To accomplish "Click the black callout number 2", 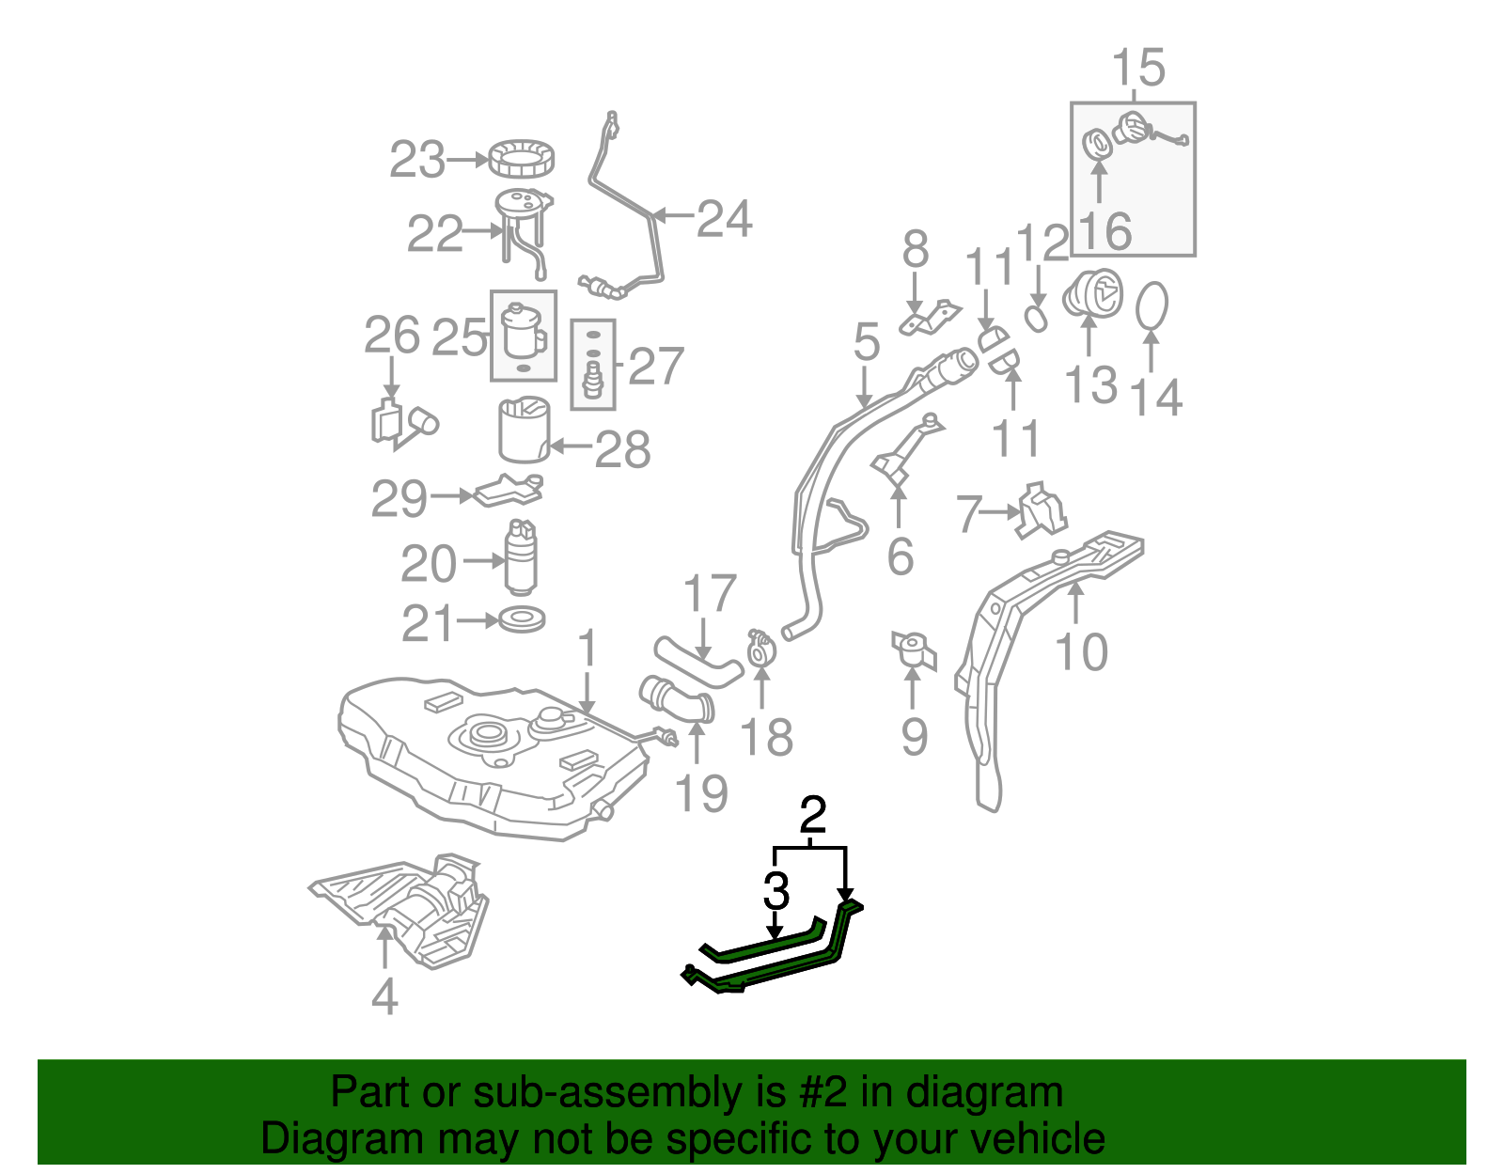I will pos(813,816).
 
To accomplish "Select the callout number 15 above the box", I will pos(1137,69).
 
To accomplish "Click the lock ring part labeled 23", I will pos(520,159).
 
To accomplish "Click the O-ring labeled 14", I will pos(1152,306).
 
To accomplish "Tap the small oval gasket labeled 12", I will pos(1036,319).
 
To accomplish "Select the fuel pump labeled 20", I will pos(522,560).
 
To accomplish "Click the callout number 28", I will pos(622,450).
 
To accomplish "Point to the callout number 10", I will pos(1081,651).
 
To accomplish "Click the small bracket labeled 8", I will pos(930,318).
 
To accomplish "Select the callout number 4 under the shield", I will pos(384,995).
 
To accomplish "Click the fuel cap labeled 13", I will pos(1093,293).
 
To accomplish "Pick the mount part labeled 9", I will pos(914,650).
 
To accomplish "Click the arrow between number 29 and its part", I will pos(452,495).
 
